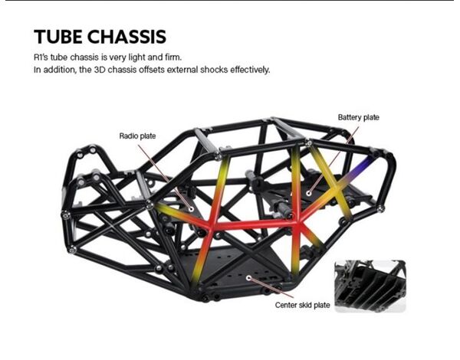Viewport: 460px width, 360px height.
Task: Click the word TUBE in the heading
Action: pyautogui.click(x=58, y=37)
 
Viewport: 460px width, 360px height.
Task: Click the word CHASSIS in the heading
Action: pyautogui.click(x=127, y=37)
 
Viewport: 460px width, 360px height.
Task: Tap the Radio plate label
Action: pyautogui.click(x=137, y=136)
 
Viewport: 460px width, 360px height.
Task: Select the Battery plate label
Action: pyautogui.click(x=359, y=117)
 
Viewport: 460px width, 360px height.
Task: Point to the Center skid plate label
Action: pyautogui.click(x=303, y=305)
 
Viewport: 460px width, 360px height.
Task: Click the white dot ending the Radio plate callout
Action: pyautogui.click(x=191, y=209)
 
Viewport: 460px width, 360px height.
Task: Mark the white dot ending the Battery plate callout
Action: pyautogui.click(x=309, y=193)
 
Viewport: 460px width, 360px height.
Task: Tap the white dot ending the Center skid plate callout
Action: pyautogui.click(x=248, y=277)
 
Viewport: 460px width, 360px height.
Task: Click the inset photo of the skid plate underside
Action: pyautogui.click(x=370, y=286)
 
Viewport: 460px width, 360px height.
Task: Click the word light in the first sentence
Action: pyautogui.click(x=137, y=57)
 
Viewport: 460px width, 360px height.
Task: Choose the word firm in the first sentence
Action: pyautogui.click(x=173, y=57)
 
